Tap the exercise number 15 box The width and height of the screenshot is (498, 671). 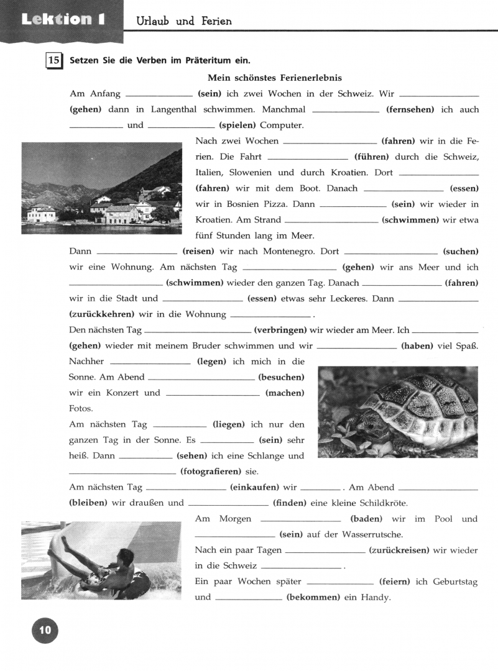pos(54,61)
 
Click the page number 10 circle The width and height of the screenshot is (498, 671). pos(45,631)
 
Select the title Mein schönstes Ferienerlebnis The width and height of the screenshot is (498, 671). pos(274,78)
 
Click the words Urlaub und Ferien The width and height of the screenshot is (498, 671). pos(184,21)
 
